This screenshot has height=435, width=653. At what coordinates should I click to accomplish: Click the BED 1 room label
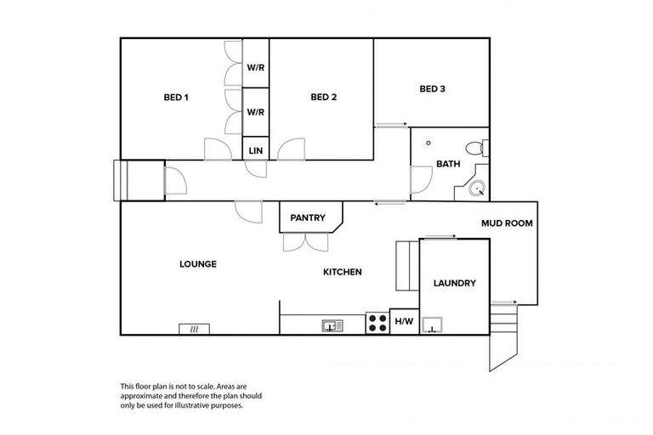click(175, 97)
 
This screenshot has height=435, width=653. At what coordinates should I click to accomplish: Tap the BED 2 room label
click(323, 97)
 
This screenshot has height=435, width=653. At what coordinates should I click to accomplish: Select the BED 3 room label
click(432, 88)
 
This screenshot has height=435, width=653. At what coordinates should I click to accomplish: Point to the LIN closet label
click(256, 150)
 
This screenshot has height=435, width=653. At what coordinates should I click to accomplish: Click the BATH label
click(448, 163)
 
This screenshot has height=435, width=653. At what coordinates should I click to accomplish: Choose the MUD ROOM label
click(507, 224)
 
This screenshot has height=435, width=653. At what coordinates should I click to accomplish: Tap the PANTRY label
click(308, 217)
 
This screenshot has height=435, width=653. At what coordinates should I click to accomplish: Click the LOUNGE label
click(197, 264)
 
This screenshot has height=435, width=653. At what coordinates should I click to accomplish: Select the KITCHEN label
click(343, 272)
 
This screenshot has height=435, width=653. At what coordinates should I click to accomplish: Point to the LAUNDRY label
click(454, 284)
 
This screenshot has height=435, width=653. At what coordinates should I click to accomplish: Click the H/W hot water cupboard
click(404, 322)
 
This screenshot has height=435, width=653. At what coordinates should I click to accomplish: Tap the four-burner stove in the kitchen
click(378, 323)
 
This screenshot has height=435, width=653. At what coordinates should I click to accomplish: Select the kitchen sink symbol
click(332, 325)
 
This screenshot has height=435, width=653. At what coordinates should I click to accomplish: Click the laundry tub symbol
click(434, 324)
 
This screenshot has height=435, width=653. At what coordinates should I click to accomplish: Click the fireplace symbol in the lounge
click(194, 329)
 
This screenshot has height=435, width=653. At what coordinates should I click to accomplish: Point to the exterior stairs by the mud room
click(505, 331)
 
